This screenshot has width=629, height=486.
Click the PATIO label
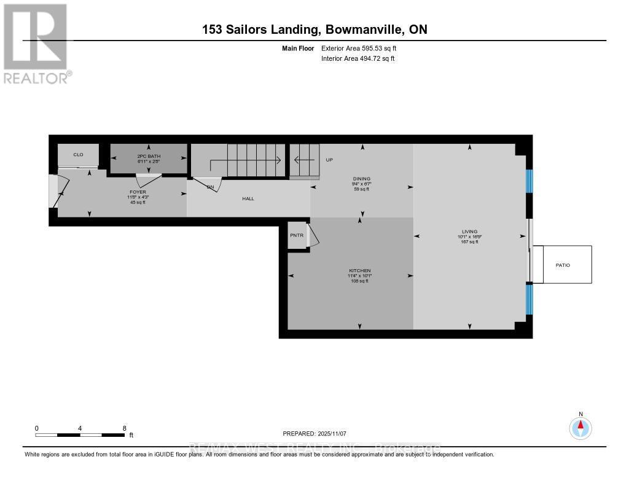[x=563, y=265]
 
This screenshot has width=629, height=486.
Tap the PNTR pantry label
[x=297, y=235]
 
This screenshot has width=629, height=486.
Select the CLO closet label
[x=78, y=154]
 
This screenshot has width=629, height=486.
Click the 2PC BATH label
[x=149, y=156]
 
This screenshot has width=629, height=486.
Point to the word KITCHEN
[x=359, y=270]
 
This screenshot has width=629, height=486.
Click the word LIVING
[x=469, y=232]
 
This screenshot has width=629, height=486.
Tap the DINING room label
[x=361, y=178]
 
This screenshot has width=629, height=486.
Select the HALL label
[x=248, y=198]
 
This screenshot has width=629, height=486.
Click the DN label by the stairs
[x=210, y=186]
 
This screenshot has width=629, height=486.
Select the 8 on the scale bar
[x=125, y=428]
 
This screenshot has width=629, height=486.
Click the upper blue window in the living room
[x=529, y=182]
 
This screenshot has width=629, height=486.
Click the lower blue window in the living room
[x=529, y=299]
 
